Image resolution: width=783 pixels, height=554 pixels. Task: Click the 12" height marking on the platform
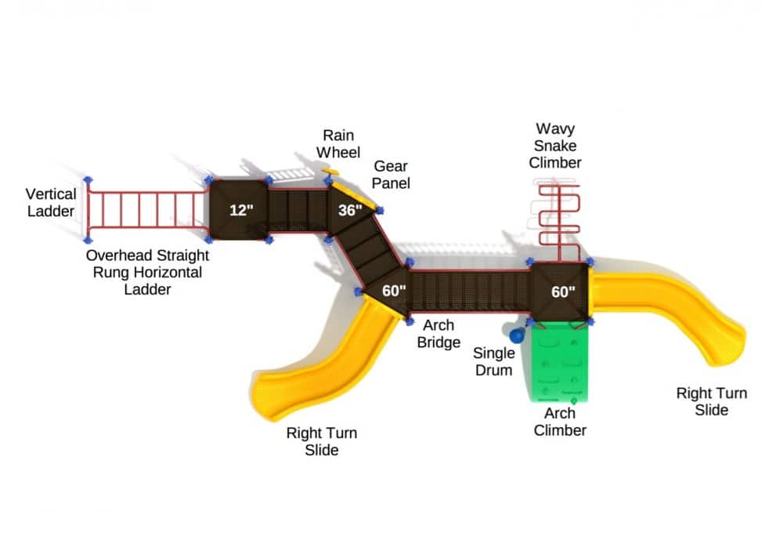242,210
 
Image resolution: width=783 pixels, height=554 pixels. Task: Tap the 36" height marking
350,210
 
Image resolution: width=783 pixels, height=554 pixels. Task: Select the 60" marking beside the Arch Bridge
394,291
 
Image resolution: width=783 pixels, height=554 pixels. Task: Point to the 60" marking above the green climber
563,291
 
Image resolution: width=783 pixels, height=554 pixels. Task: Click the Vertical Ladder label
51,202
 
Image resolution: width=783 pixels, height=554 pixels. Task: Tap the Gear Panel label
391,174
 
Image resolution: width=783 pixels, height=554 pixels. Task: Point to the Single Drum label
494,361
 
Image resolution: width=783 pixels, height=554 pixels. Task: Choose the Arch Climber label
560,422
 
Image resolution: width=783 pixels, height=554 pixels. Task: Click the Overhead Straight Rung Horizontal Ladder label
147,272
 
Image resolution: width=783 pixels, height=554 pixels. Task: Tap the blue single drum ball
517,336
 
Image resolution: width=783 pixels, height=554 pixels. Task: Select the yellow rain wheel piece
332,171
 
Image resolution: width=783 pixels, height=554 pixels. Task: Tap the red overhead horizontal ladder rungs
147,210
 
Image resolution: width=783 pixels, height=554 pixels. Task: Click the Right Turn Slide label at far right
711,401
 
